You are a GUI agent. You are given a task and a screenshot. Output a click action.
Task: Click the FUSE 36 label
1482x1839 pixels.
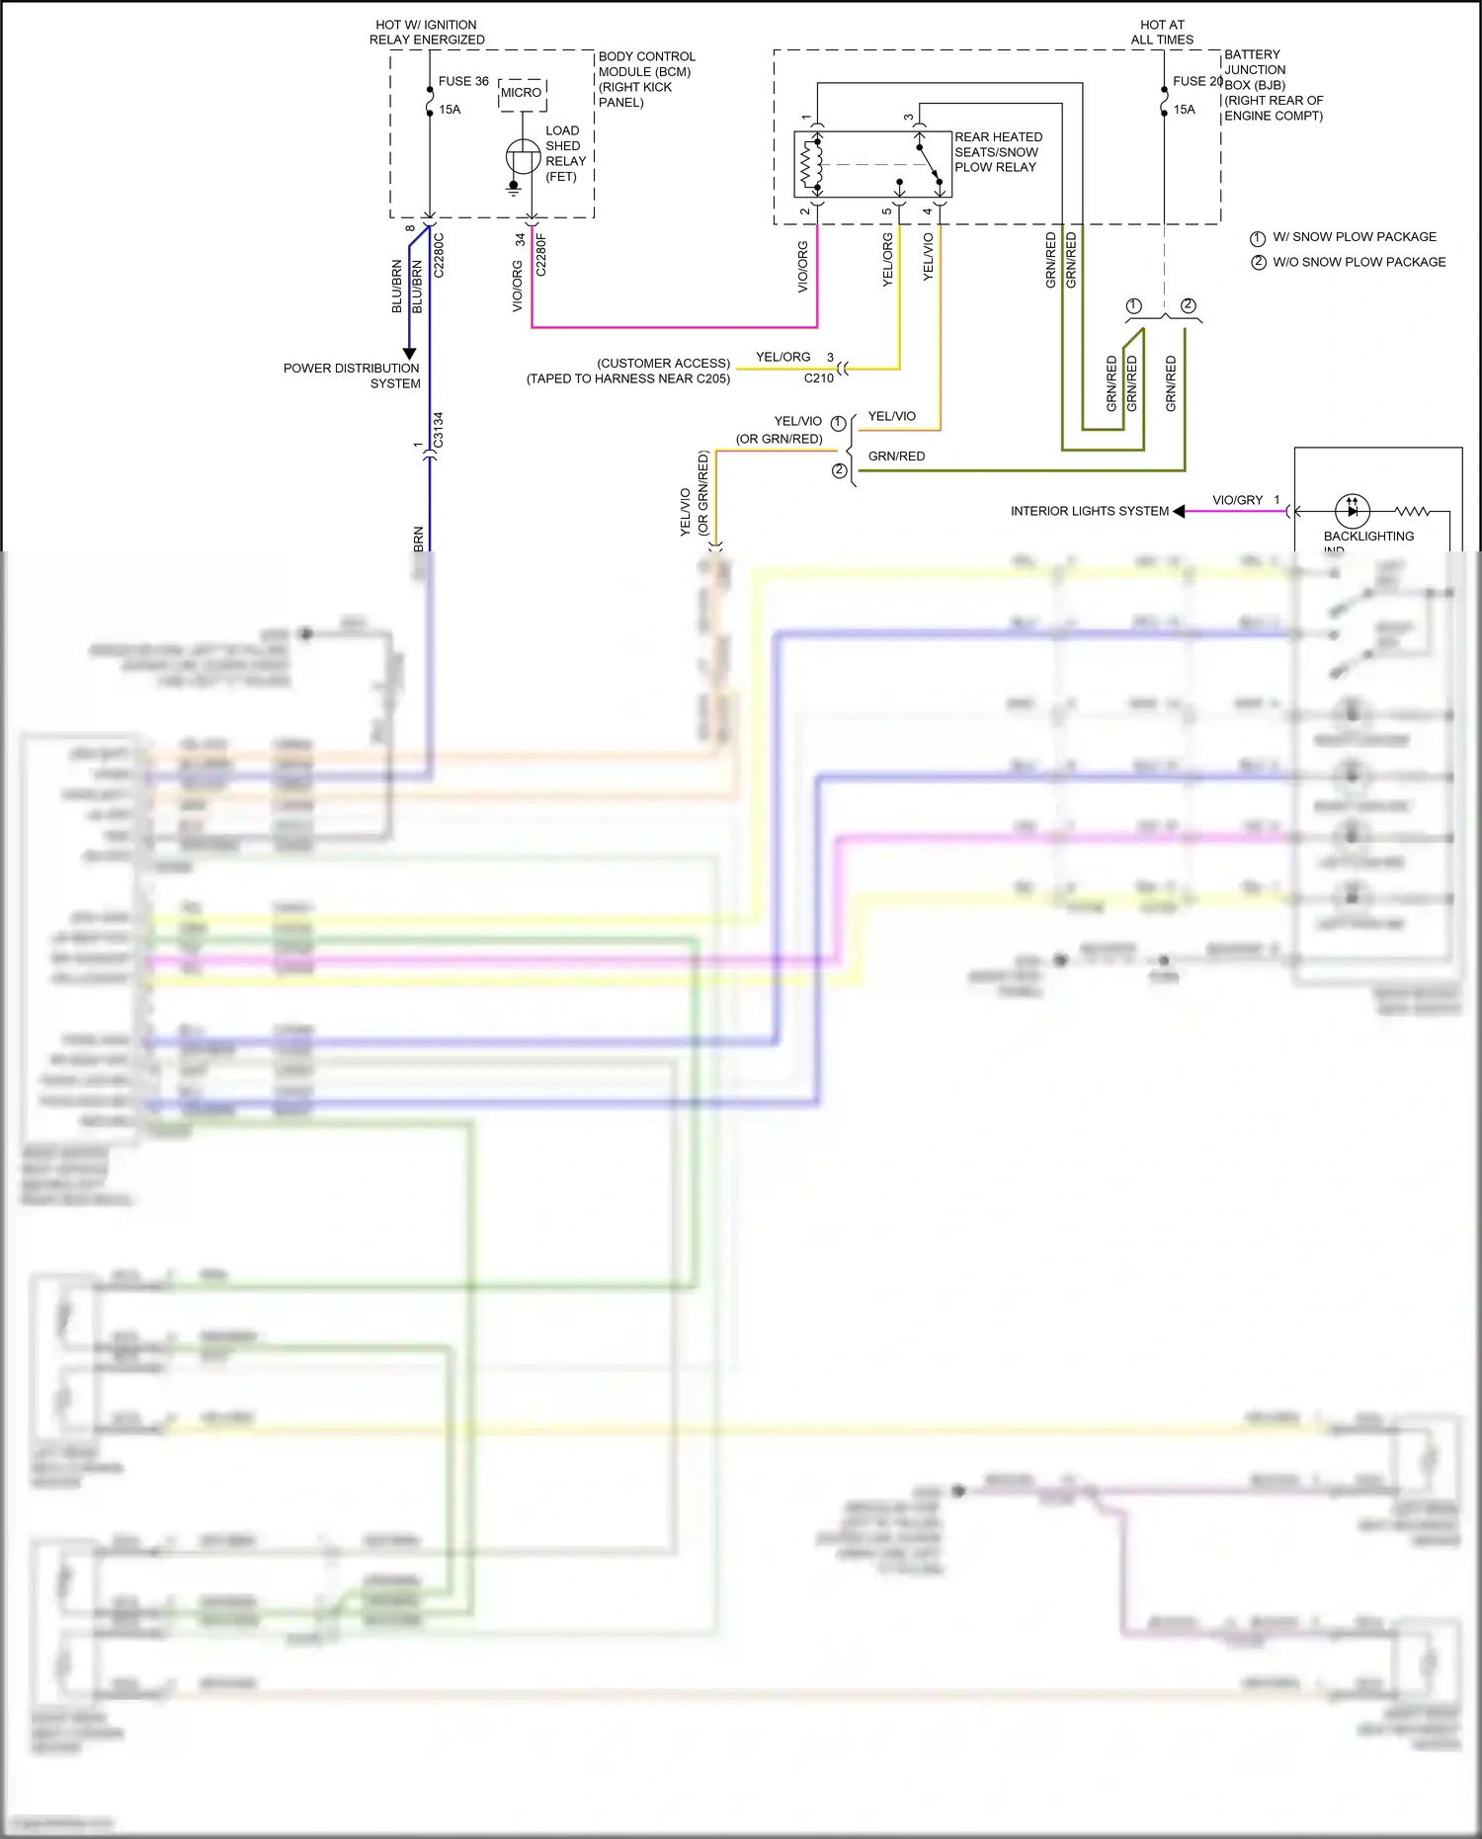[x=463, y=81]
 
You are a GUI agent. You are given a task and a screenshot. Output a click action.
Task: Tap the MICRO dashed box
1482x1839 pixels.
[x=522, y=93]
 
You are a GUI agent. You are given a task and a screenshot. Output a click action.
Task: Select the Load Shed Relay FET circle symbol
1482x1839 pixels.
[x=523, y=156]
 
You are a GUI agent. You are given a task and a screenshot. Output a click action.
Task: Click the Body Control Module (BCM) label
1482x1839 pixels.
[x=646, y=79]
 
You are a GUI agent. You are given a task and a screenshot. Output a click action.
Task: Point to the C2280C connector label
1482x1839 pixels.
[x=440, y=255]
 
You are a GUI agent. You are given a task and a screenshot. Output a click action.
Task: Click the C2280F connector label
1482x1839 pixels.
[x=540, y=255]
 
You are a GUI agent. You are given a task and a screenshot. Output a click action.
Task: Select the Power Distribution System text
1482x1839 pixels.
[x=352, y=376]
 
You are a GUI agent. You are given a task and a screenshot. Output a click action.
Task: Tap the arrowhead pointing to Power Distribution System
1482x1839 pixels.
[x=409, y=354]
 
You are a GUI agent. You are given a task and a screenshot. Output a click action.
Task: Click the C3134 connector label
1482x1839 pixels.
[x=439, y=431]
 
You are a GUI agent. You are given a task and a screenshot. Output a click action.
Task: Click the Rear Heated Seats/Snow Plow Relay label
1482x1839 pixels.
[x=998, y=152]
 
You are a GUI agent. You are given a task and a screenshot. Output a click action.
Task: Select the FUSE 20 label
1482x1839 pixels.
[x=1196, y=81]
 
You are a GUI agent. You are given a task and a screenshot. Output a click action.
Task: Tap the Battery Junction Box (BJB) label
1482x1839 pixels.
[x=1273, y=85]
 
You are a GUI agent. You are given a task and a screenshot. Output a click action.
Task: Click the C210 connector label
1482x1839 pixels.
[x=818, y=378]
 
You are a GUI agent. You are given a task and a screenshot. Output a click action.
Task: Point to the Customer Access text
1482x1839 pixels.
[x=663, y=363]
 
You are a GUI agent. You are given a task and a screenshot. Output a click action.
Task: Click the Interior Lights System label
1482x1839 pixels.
[x=1089, y=511]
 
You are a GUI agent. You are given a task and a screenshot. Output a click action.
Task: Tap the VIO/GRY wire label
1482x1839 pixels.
[x=1237, y=500]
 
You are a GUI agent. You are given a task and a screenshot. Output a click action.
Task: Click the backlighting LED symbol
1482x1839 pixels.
[x=1352, y=511]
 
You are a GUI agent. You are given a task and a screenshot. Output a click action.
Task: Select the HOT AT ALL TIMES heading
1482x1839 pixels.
[x=1162, y=32]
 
